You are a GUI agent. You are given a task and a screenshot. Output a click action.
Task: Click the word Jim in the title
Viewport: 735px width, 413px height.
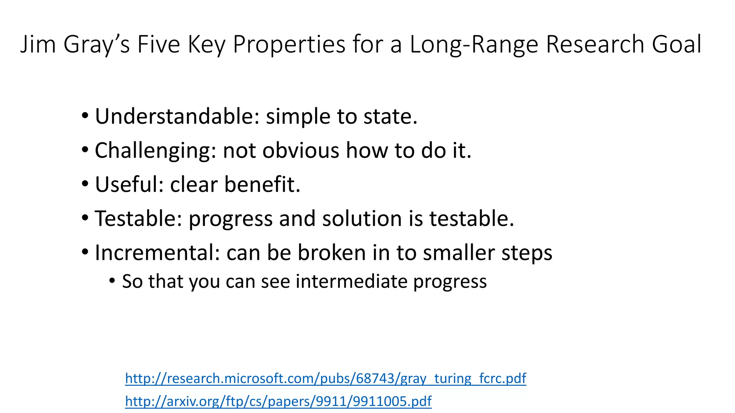pyautogui.click(x=38, y=44)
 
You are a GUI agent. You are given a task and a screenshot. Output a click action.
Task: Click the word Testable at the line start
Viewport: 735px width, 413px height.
pyautogui.click(x=139, y=219)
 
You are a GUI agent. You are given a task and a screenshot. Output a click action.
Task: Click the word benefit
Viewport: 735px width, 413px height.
pyautogui.click(x=262, y=184)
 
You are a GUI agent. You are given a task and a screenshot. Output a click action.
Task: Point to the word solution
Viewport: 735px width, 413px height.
pyautogui.click(x=362, y=219)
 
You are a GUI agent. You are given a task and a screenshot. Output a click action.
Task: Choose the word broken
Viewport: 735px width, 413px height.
pyautogui.click(x=332, y=253)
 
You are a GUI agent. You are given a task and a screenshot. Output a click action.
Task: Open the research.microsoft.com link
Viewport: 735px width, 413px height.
pyautogui.click(x=326, y=379)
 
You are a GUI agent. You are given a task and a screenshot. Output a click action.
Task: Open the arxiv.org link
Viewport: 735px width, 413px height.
pyautogui.click(x=278, y=401)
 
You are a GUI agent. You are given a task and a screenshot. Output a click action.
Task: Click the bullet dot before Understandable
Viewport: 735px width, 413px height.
pyautogui.click(x=85, y=116)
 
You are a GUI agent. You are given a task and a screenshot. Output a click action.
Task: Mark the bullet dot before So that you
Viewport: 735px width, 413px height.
pyautogui.click(x=112, y=281)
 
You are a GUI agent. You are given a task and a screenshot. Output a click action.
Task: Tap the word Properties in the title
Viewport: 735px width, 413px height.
pyautogui.click(x=289, y=44)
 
